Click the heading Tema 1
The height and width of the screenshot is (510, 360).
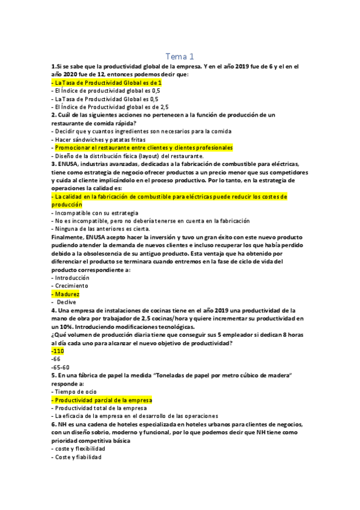[x=180, y=56]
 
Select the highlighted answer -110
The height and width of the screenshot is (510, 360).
[x=58, y=351]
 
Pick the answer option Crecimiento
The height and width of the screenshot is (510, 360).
[x=72, y=286]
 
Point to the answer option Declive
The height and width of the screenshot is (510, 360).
[x=73, y=302]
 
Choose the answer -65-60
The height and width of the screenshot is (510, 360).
[x=61, y=367]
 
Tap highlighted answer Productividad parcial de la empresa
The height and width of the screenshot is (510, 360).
[x=102, y=400]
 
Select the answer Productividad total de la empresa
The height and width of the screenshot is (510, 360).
[x=99, y=408]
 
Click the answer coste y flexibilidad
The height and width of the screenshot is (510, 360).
[x=79, y=449]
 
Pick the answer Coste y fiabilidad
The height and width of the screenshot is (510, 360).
[x=77, y=456]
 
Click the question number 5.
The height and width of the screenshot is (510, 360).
[x=54, y=375]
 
